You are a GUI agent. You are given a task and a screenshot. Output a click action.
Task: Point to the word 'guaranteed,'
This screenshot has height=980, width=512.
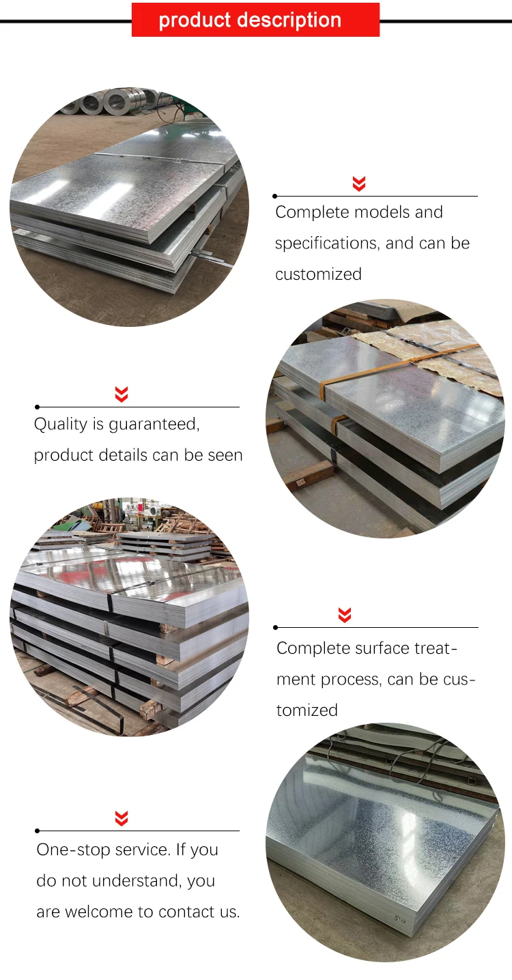pos(155,424)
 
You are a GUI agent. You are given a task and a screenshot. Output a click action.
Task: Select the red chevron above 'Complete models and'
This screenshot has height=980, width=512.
pos(359,183)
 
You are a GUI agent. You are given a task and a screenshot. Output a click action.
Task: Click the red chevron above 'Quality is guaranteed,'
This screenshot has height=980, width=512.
pos(122,394)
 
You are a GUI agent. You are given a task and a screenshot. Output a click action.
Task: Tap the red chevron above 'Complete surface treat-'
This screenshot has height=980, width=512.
pos(345,615)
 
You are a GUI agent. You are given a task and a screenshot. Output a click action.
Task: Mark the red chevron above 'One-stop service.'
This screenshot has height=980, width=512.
pos(122,818)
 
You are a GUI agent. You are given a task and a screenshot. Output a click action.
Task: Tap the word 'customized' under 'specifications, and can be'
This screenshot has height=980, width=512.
pos(318,274)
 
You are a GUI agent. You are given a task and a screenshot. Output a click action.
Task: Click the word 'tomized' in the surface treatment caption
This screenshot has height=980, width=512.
pos(307,710)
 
